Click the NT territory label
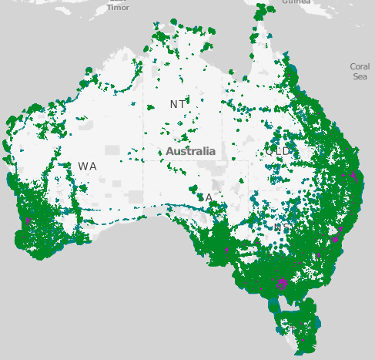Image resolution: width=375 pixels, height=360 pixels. (178, 104)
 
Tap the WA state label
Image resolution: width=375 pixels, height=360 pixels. (87, 167)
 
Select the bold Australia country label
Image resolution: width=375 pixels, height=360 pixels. (191, 151)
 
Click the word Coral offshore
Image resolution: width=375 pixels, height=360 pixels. (360, 67)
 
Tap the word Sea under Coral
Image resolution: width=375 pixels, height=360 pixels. (360, 76)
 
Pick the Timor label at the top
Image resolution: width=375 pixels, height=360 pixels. (118, 7)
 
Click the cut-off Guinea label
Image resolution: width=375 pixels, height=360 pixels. (296, 2)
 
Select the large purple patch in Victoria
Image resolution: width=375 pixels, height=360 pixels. (281, 283)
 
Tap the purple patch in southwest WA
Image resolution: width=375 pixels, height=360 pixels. (28, 220)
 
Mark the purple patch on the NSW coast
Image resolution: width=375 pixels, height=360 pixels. (335, 239)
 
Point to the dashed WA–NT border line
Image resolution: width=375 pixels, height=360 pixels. (143, 116)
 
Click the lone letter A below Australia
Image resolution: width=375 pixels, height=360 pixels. (209, 197)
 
